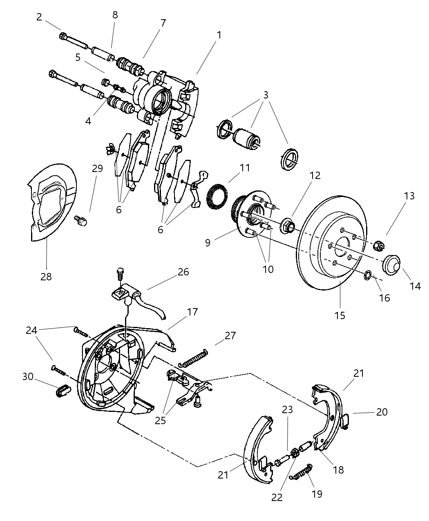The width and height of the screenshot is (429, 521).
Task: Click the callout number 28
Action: (46, 277)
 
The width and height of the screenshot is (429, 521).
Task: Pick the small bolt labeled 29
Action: (81, 221)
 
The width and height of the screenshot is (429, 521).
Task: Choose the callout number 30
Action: (28, 376)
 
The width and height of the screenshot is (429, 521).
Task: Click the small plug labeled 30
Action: (61, 391)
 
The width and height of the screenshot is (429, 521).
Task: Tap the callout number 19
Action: (317, 494)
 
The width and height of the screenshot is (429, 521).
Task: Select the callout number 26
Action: (183, 272)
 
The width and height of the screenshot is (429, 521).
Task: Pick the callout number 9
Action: (208, 242)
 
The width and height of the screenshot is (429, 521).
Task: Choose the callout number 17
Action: (192, 312)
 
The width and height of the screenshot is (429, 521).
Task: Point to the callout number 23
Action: (288, 409)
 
